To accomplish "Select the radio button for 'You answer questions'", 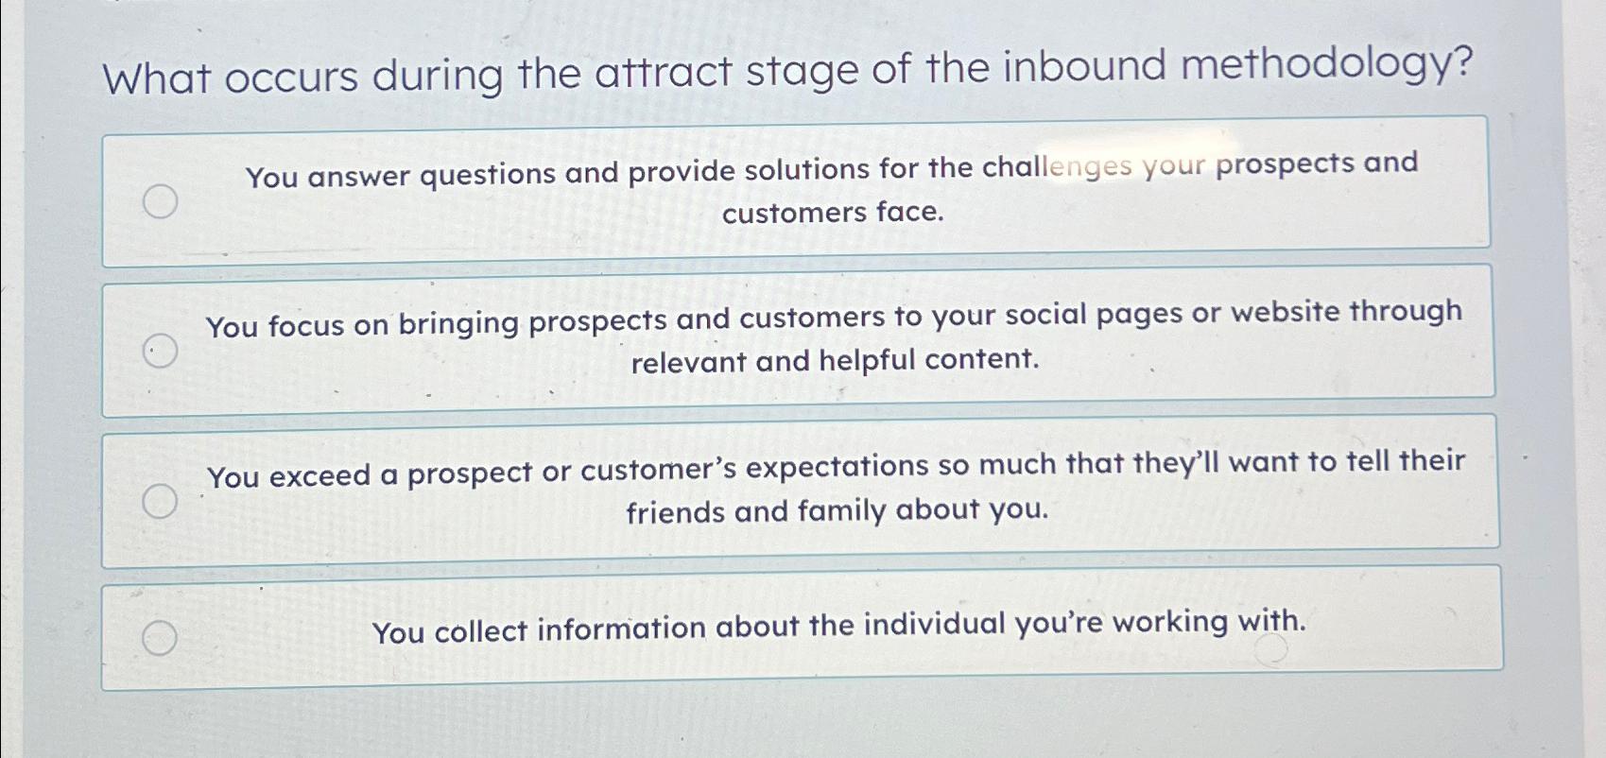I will point(160,201).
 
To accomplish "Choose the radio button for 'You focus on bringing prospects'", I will point(160,352).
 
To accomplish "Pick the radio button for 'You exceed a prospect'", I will point(160,501).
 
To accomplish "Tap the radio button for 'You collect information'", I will point(160,639).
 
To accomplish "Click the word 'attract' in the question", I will point(664,74).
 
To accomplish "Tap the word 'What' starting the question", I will point(157,79).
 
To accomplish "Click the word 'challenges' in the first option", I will point(1057,167).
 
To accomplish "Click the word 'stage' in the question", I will point(802,72).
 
